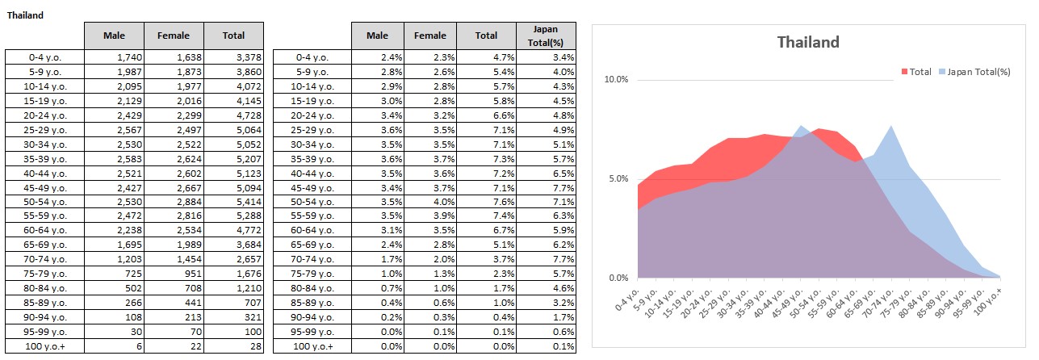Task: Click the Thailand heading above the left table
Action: click(26, 15)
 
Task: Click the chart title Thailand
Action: click(808, 42)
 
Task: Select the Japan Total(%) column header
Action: click(546, 36)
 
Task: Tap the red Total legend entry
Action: click(916, 72)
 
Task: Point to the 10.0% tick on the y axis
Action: click(616, 80)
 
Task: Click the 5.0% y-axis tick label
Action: click(618, 179)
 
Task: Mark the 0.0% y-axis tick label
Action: click(618, 278)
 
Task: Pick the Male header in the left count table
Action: click(114, 36)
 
